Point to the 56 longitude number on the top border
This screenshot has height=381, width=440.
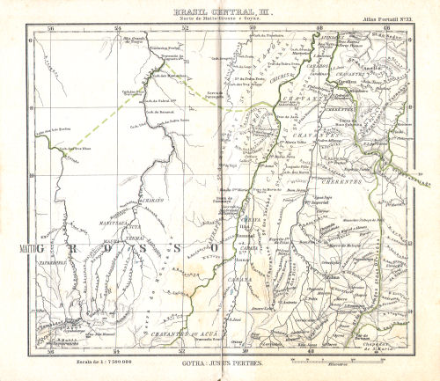click(x=50, y=27)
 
